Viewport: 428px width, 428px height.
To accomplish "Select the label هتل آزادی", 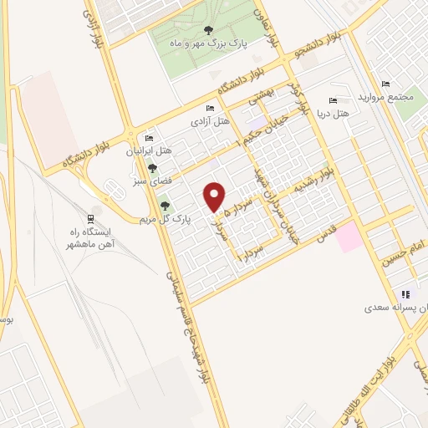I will click(211, 121).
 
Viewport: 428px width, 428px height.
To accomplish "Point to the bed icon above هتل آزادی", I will click(210, 109).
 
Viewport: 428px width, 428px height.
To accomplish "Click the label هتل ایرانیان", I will click(148, 152).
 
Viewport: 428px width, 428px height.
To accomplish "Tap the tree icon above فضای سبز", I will click(150, 167).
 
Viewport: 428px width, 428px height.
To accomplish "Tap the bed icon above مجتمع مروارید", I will click(385, 84).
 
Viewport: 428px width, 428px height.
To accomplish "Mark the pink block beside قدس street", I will click(351, 237).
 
